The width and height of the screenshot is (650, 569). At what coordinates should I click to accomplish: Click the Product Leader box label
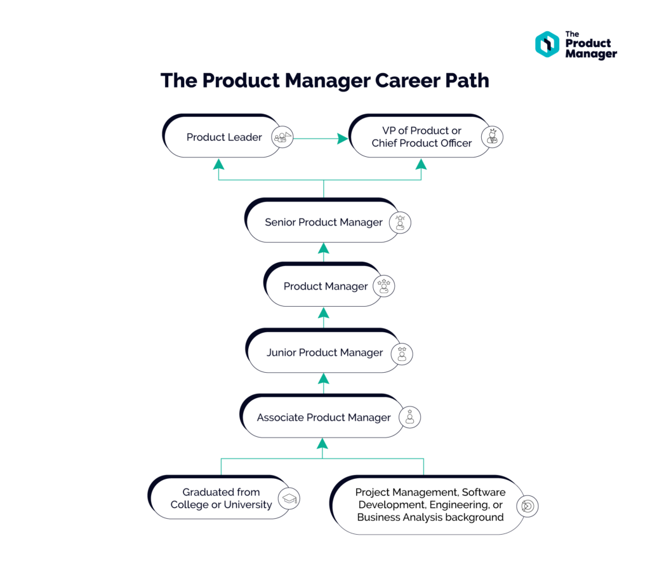224,137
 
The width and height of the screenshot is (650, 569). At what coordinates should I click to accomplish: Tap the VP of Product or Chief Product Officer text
421,137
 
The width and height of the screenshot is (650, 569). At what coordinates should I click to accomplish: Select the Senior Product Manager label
324,222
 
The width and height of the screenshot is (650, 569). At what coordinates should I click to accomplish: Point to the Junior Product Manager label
324,352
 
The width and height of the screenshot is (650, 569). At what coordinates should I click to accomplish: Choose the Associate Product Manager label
324,417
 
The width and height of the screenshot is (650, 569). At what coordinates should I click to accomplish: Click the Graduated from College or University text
221,499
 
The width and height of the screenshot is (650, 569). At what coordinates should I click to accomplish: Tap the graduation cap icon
289,499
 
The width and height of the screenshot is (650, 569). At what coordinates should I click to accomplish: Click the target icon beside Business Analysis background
527,505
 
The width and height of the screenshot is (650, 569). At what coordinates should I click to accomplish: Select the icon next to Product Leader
282,137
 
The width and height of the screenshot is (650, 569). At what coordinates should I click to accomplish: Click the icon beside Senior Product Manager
401,222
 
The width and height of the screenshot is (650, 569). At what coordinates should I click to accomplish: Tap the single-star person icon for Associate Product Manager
410,417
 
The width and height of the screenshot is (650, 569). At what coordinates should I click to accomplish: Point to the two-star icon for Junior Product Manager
402,353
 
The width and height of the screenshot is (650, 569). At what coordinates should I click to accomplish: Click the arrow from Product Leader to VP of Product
321,138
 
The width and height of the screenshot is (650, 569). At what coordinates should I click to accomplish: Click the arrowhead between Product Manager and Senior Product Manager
323,248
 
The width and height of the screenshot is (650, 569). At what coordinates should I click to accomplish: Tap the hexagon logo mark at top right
547,44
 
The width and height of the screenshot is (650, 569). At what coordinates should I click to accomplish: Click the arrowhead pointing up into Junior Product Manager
323,378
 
